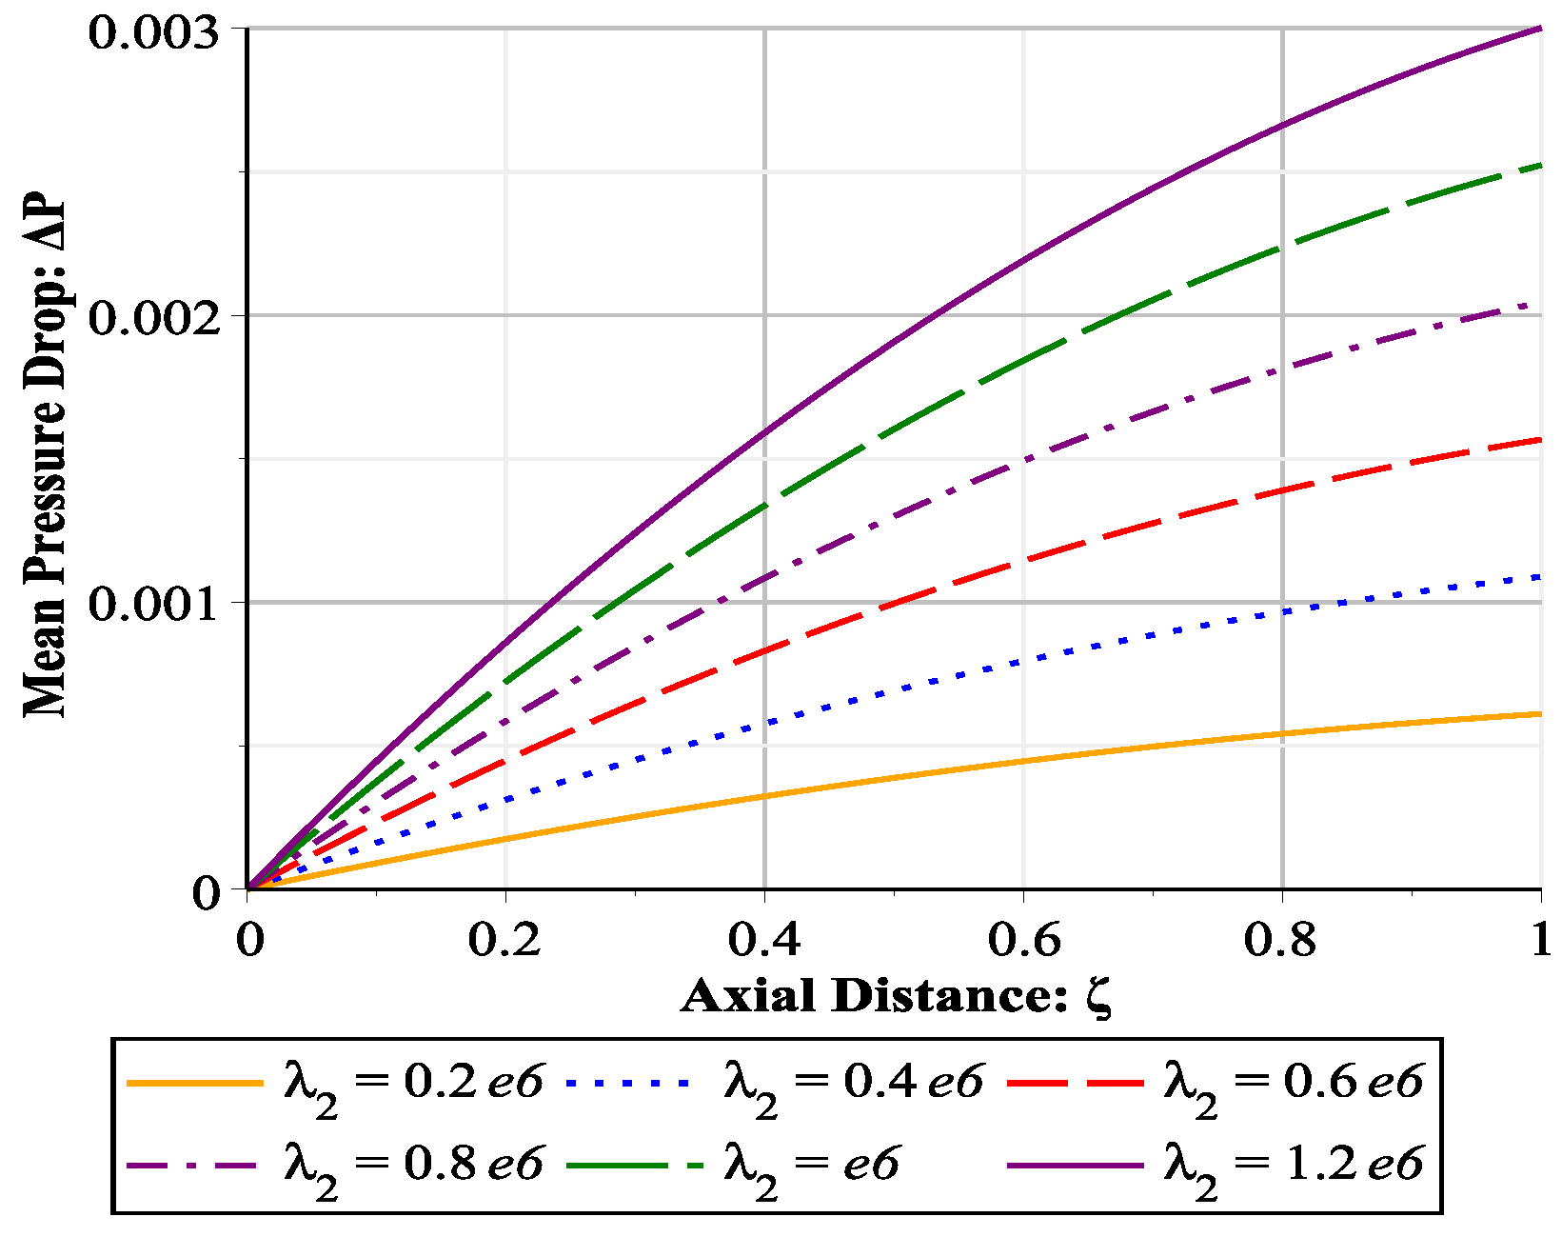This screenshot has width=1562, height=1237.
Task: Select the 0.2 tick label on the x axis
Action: click(x=504, y=939)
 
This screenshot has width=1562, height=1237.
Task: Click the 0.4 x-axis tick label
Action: click(x=764, y=939)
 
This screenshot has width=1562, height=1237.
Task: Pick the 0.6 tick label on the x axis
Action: click(x=1023, y=939)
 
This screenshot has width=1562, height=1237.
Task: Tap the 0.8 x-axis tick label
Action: click(x=1281, y=939)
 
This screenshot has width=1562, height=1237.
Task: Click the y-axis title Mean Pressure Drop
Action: click(x=46, y=458)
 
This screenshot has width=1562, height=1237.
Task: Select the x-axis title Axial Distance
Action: click(x=895, y=996)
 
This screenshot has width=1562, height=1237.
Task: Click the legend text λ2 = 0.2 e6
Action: click(x=414, y=1084)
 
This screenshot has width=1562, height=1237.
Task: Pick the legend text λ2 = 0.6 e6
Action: click(x=1294, y=1084)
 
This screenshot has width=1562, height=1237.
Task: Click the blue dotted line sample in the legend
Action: click(x=634, y=1084)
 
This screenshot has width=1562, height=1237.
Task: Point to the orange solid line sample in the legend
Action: click(x=194, y=1084)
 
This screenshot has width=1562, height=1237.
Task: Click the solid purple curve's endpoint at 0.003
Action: click(x=1539, y=30)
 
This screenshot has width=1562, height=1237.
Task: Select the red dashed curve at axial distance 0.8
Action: click(x=1282, y=490)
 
